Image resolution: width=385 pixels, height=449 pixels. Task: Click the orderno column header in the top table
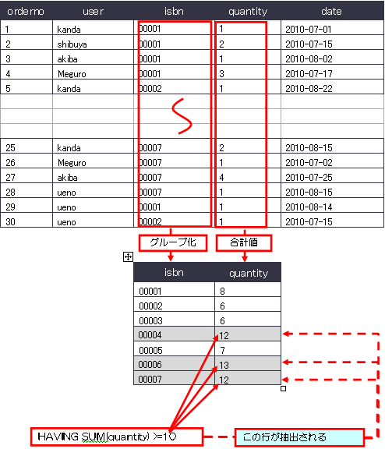(x=26, y=12)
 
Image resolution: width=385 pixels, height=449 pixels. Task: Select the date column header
(x=331, y=12)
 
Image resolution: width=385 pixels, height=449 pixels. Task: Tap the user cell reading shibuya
(x=72, y=44)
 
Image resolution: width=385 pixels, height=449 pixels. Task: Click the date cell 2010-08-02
(x=309, y=59)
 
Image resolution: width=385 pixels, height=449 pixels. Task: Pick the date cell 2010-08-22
(x=309, y=89)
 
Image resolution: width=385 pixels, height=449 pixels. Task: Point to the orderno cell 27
(x=10, y=178)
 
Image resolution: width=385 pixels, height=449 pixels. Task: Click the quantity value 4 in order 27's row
(x=221, y=178)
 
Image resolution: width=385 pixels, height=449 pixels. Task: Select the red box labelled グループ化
(x=173, y=243)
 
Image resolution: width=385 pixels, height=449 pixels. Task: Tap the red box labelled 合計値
(x=244, y=243)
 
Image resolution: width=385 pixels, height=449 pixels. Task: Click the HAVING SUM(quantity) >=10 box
(x=117, y=437)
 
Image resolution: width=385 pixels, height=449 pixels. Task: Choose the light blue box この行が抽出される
(x=299, y=437)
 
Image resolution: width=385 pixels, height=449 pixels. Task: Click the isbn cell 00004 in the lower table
(x=150, y=334)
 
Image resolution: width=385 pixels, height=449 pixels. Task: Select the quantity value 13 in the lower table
(x=224, y=365)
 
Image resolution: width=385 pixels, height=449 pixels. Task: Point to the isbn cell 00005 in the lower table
(x=150, y=350)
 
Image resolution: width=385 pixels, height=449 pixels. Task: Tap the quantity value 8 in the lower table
(x=222, y=292)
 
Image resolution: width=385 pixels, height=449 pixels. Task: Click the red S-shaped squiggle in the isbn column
(x=182, y=116)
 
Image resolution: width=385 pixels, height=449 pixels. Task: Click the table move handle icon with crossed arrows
(x=128, y=257)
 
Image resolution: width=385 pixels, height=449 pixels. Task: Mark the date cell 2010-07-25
(x=309, y=178)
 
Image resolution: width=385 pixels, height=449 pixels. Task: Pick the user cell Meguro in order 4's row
(x=72, y=74)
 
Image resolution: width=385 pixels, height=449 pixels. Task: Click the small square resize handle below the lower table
(x=283, y=388)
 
